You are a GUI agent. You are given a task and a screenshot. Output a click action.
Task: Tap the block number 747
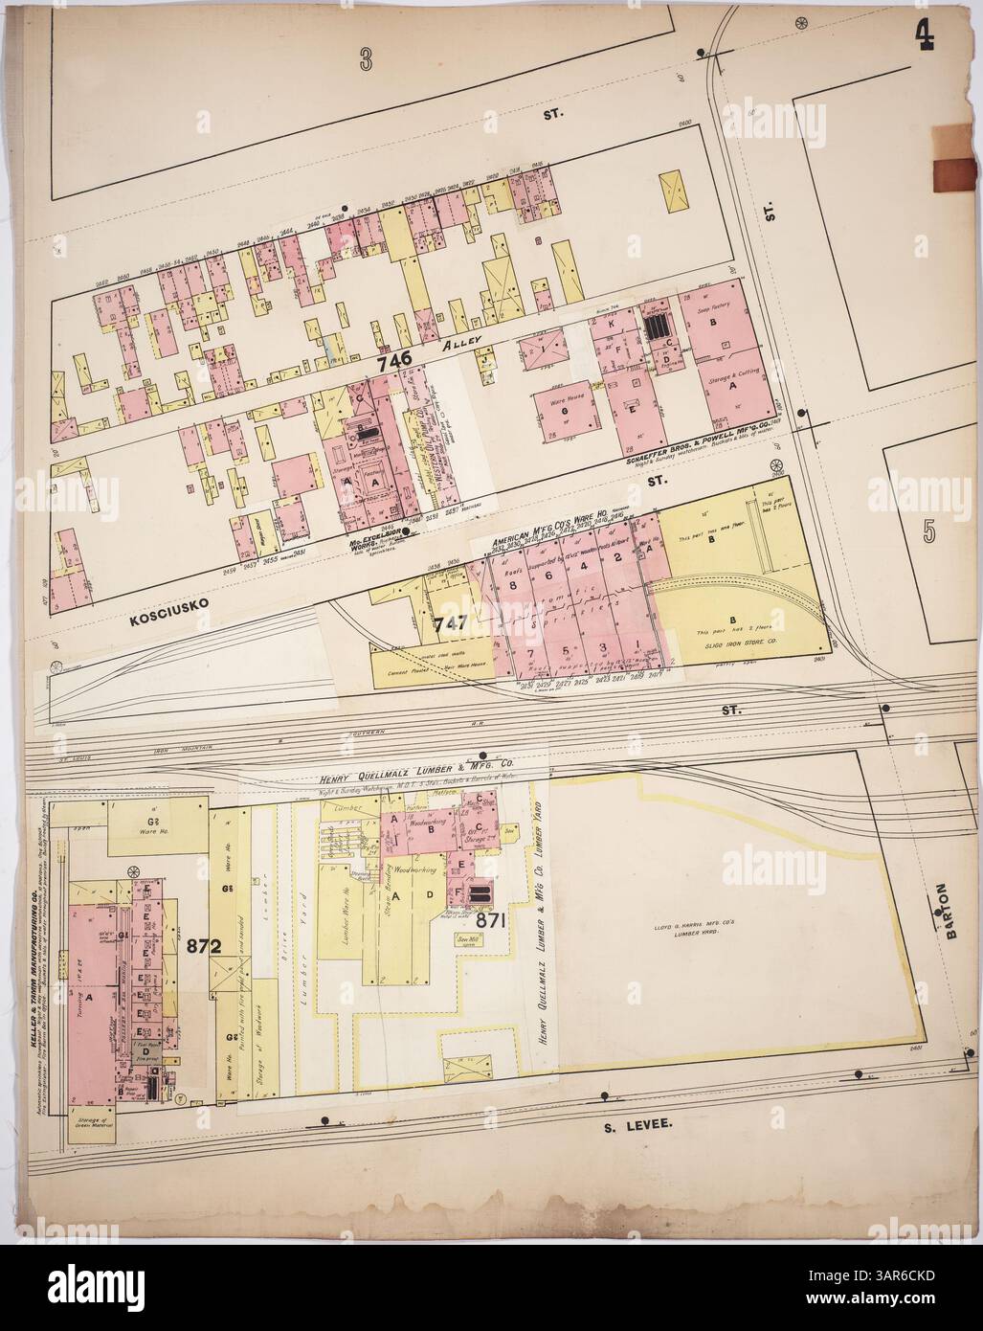tap(449, 621)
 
